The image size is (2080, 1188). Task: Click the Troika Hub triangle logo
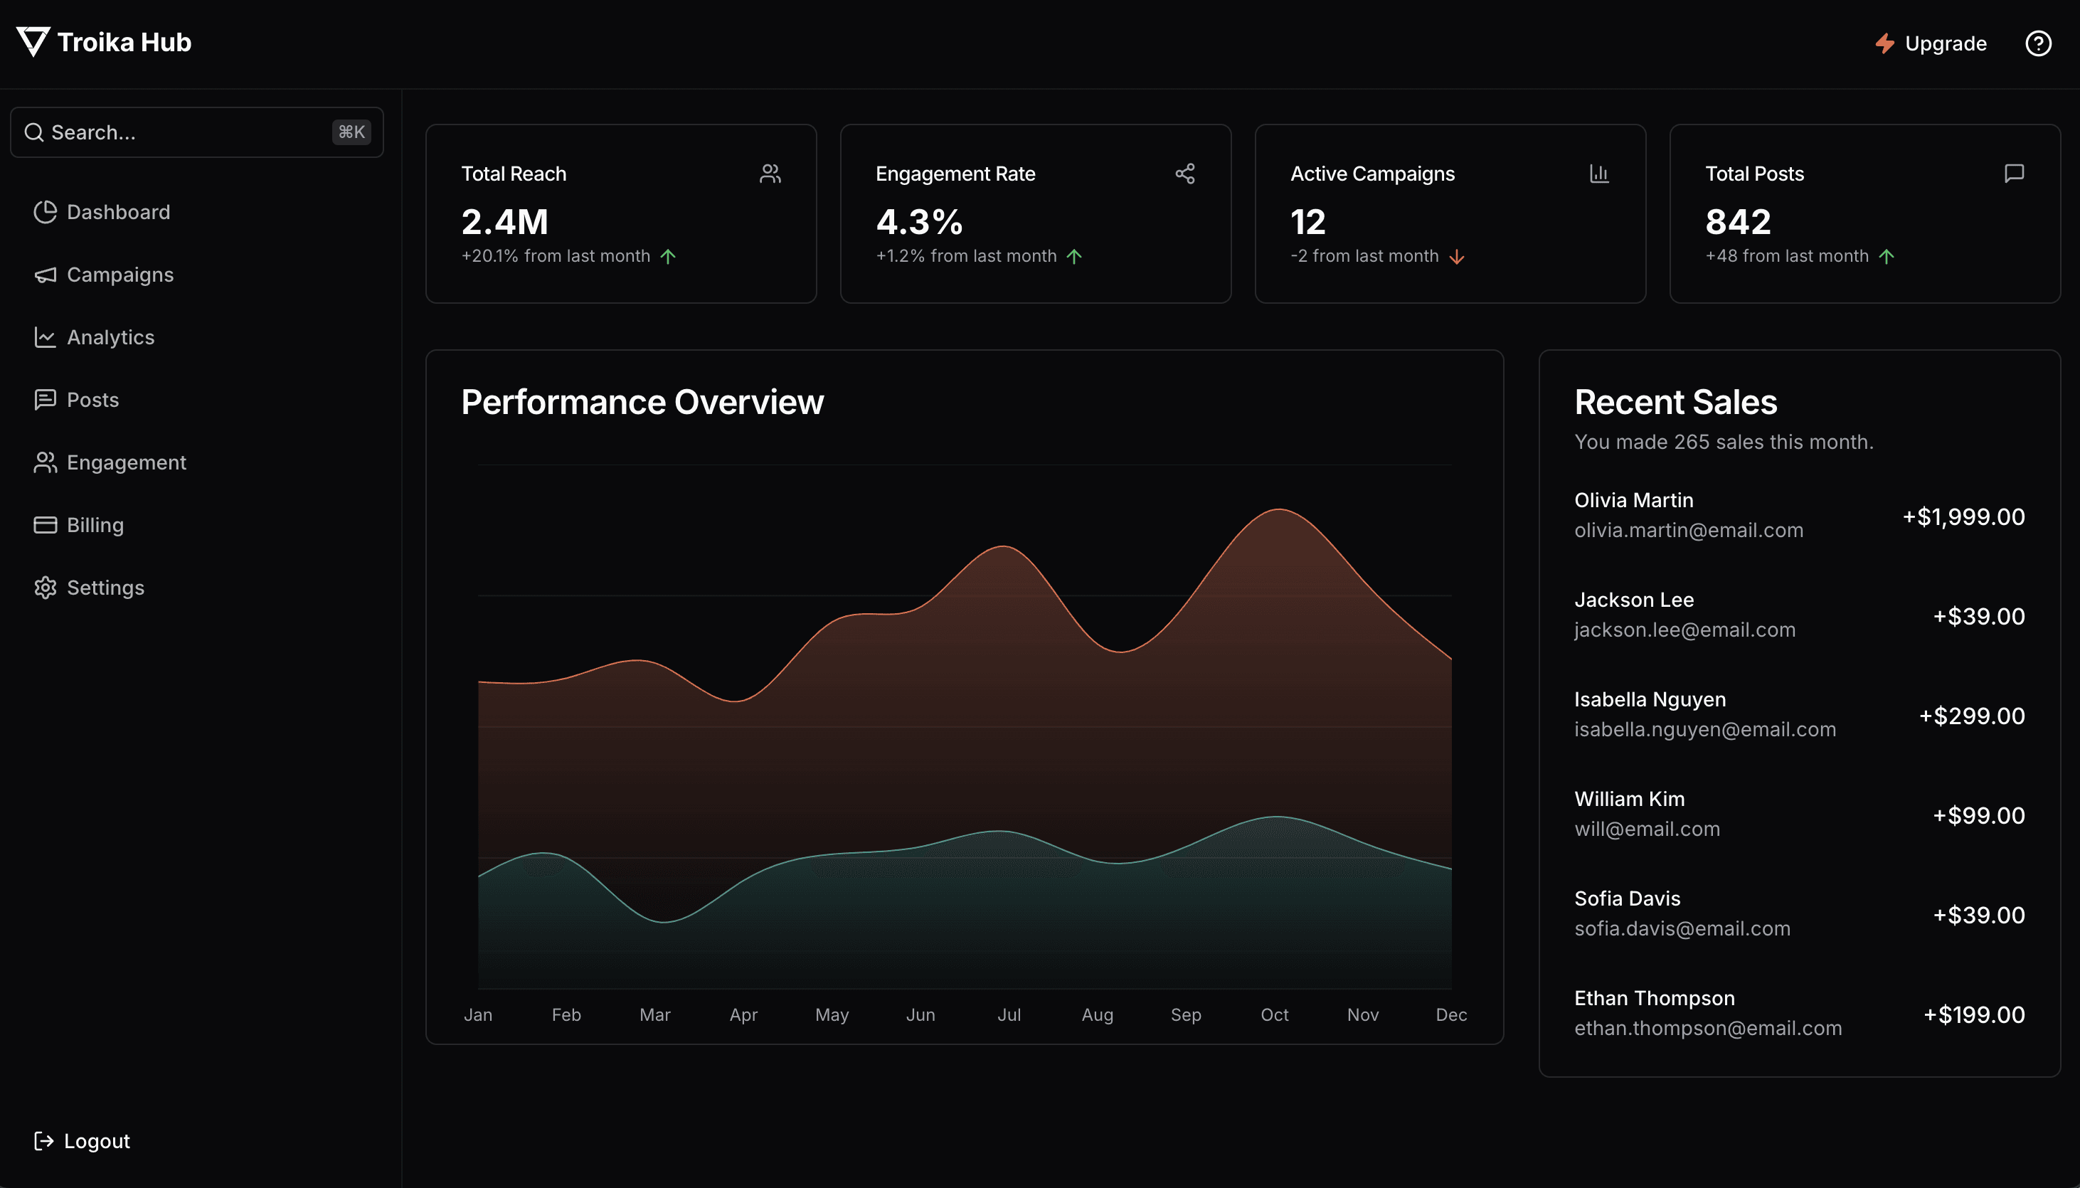[x=33, y=41]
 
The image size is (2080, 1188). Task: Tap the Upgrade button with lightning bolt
[x=1930, y=43]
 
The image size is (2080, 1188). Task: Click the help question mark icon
[x=2037, y=43]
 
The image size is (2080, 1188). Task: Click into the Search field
[x=188, y=132]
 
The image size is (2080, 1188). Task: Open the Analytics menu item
[x=110, y=337]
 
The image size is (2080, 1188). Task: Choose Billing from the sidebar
[x=95, y=525]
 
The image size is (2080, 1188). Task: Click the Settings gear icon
[x=45, y=588]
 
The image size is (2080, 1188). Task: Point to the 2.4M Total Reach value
[x=504, y=222]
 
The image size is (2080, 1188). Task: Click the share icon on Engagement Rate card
[x=1184, y=173]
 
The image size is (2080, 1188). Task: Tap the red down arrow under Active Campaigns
[x=1457, y=257]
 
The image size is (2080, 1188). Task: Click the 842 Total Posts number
[x=1737, y=222]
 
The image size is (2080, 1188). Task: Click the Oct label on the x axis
[x=1274, y=1014]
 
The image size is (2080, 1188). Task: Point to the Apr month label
[x=743, y=1014]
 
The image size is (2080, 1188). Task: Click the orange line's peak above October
[x=1278, y=509]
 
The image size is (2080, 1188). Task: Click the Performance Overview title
[x=642, y=401]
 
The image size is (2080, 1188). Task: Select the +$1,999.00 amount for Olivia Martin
[x=1963, y=516]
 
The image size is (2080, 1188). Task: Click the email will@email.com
[x=1646, y=829]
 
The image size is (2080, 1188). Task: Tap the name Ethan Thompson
[x=1653, y=998]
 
